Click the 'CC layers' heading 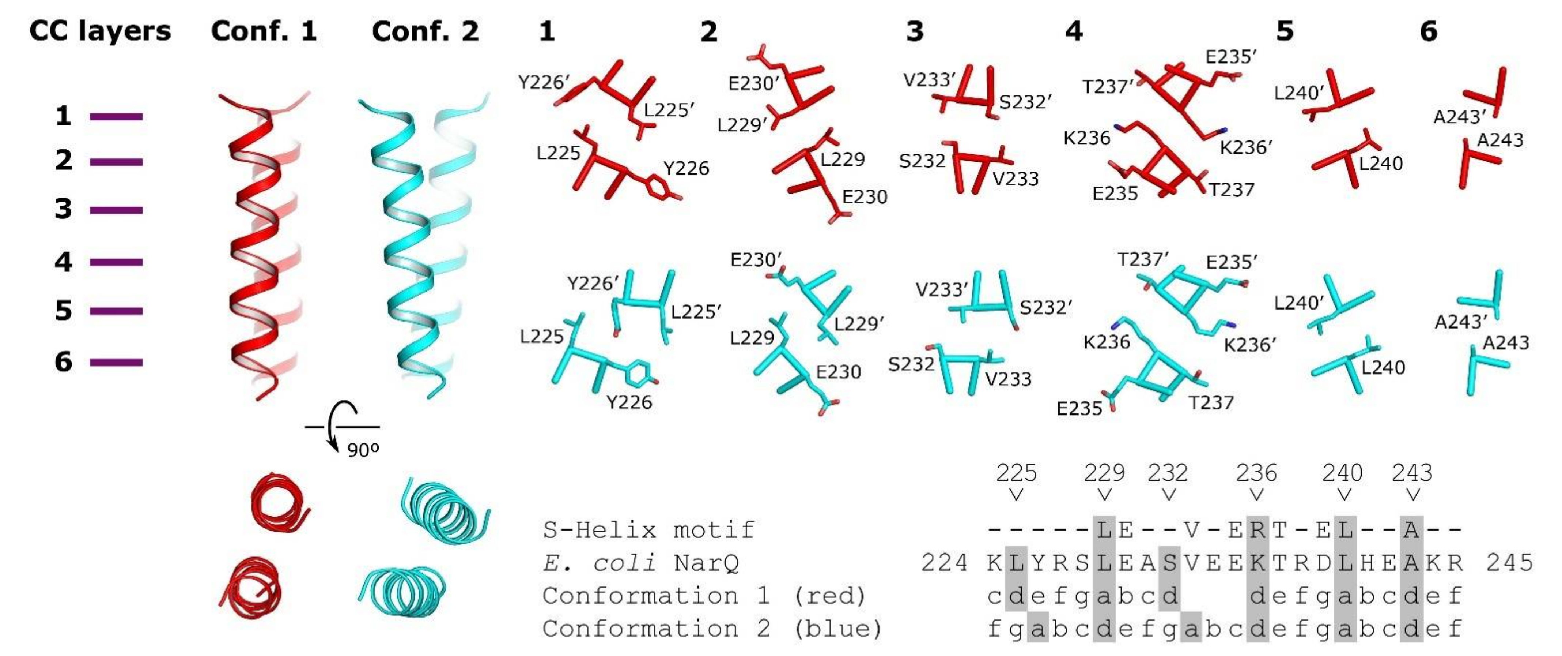tap(100, 31)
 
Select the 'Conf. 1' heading tap(264, 31)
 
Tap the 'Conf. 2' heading tap(425, 31)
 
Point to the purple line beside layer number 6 tap(116, 362)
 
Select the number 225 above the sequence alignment tap(1016, 473)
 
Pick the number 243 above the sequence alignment tap(1412, 473)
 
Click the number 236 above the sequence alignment tap(1256, 473)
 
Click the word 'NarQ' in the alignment tap(706, 563)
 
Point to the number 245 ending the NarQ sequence tap(1509, 563)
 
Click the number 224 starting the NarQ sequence tap(944, 563)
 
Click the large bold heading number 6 tap(1429, 31)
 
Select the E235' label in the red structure tap(1231, 57)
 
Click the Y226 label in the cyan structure tap(629, 402)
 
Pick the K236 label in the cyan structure tap(1107, 342)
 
